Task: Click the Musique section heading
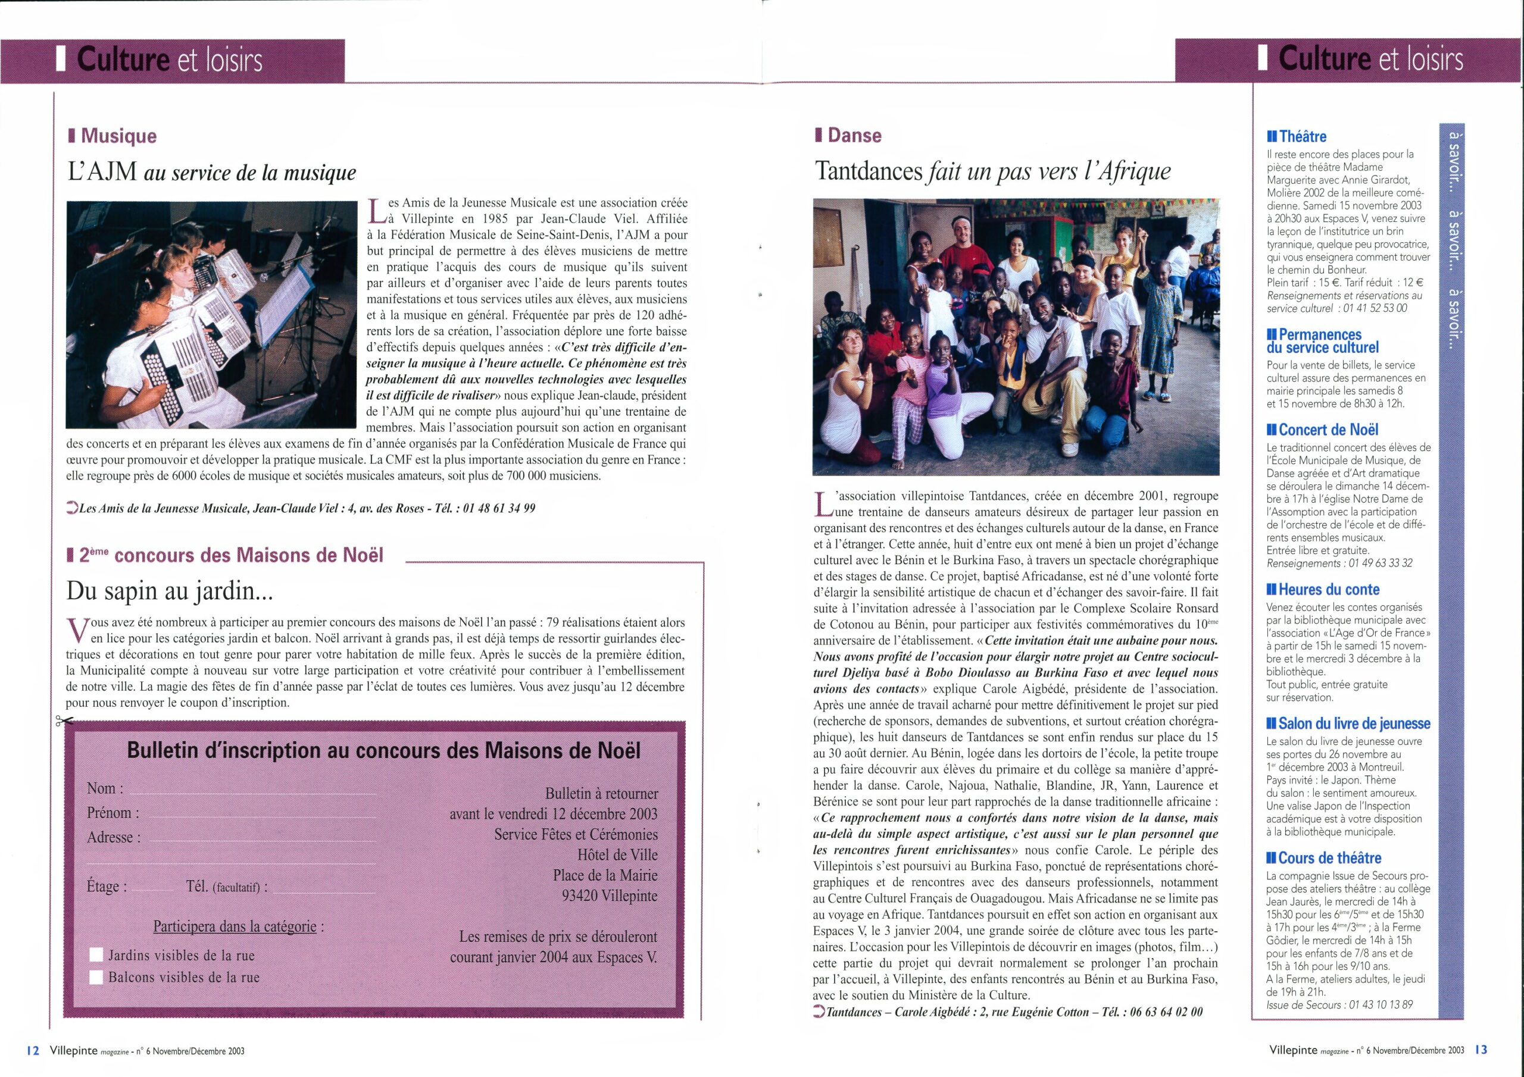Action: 118,136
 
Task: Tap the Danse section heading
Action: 854,136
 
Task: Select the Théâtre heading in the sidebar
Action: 1303,137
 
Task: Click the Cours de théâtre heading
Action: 1329,858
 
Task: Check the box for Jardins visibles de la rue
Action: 97,956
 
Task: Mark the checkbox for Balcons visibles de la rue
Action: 97,978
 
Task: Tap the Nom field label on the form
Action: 105,788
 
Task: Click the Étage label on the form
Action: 106,887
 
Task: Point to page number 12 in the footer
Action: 33,1050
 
